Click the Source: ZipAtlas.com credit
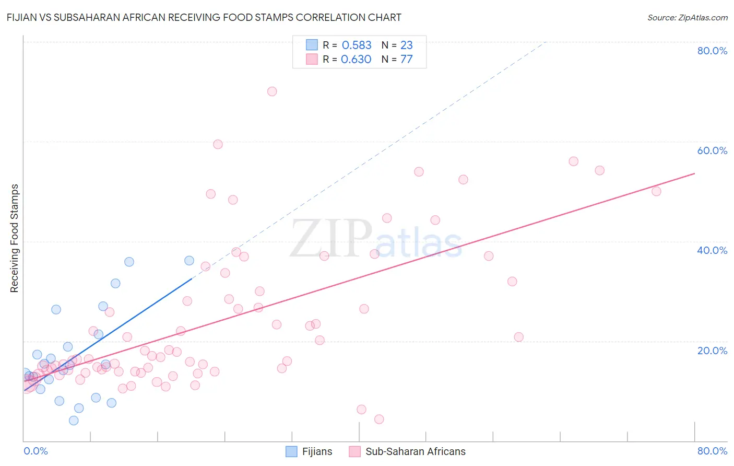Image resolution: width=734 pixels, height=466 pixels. [x=687, y=18]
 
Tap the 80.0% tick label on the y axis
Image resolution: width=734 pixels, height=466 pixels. [x=712, y=51]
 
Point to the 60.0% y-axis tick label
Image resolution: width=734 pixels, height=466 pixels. [x=712, y=150]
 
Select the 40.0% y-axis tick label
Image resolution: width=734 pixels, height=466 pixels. [x=712, y=250]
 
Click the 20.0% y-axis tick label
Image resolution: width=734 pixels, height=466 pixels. [x=712, y=351]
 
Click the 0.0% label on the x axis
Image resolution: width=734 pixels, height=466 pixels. [x=35, y=451]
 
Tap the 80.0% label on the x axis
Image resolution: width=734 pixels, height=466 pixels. [x=712, y=451]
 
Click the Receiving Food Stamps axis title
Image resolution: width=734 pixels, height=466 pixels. [x=15, y=238]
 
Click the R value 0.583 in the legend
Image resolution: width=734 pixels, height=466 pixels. [x=357, y=45]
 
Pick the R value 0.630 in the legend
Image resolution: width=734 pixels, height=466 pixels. [x=356, y=59]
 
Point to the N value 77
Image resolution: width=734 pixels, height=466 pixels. [x=406, y=59]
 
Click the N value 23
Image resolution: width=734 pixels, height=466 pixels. [x=406, y=45]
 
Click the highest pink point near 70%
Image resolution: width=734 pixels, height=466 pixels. [x=272, y=91]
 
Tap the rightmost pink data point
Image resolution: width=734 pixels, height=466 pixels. [x=656, y=191]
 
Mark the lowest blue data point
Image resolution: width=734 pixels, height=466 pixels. [x=74, y=421]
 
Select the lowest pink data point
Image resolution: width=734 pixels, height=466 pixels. [x=379, y=419]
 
